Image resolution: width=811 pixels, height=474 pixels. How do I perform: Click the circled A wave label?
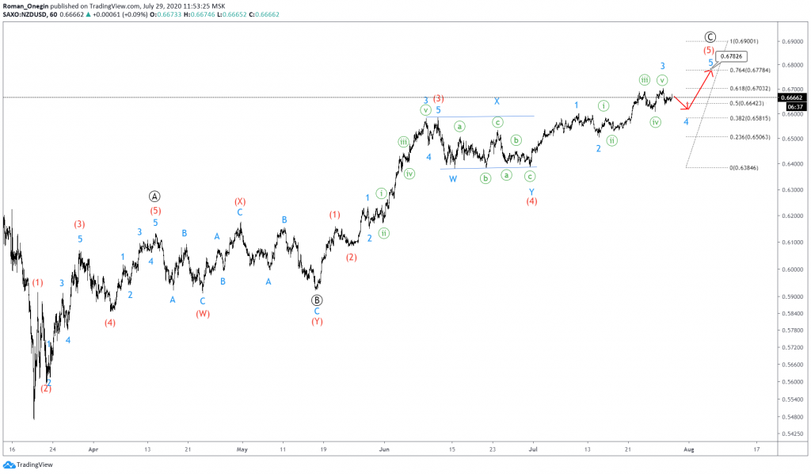[155, 196]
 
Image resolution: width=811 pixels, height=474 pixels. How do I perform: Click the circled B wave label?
[317, 300]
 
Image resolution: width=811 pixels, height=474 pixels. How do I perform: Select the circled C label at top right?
[710, 37]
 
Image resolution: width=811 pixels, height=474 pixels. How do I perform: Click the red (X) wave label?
[240, 202]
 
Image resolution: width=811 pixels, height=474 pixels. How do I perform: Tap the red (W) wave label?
[203, 313]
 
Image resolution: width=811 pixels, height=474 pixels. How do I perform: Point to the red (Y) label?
[317, 322]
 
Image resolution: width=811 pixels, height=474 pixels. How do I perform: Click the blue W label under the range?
[453, 179]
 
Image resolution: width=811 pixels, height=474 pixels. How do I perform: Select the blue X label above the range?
[497, 101]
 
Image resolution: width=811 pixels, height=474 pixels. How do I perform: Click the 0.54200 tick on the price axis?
[792, 434]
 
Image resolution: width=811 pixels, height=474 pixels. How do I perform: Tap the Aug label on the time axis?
[688, 449]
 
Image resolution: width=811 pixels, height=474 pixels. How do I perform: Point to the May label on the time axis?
[241, 449]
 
